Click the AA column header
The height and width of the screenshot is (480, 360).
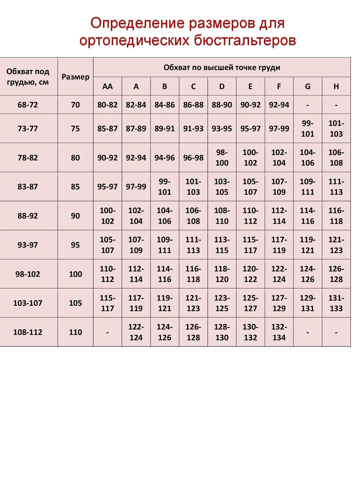click(x=107, y=86)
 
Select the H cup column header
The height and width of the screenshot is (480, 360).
click(x=336, y=86)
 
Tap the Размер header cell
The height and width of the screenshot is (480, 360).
click(x=75, y=77)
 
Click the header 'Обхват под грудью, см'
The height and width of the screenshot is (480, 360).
click(x=28, y=77)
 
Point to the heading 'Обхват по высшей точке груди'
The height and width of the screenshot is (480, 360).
click(x=222, y=67)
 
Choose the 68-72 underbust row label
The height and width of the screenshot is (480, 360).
click(x=28, y=105)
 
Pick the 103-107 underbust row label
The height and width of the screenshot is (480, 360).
click(x=28, y=303)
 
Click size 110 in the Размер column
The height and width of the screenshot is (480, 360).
click(x=75, y=332)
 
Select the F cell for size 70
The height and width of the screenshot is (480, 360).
click(x=279, y=105)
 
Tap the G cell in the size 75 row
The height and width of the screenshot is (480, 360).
click(x=307, y=129)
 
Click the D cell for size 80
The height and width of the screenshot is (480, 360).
click(x=222, y=158)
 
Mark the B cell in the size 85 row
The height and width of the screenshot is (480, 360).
click(x=165, y=187)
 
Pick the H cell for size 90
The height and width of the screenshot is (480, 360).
click(x=336, y=216)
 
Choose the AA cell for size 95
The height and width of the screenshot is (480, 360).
click(x=107, y=245)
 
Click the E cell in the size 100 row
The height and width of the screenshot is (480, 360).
click(x=250, y=274)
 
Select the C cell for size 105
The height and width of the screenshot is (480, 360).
click(x=193, y=303)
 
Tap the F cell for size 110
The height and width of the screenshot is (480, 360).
click(x=279, y=332)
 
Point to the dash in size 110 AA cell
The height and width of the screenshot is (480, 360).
click(x=107, y=332)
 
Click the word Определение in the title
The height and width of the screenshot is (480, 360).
click(x=137, y=23)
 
